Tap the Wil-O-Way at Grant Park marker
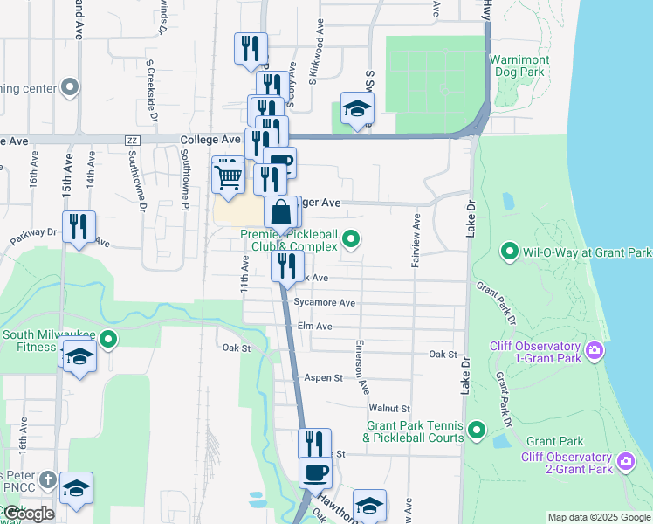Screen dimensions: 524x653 (x=510, y=253)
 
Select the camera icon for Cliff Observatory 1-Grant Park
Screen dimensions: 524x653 (x=595, y=351)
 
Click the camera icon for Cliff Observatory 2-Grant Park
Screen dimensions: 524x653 (x=625, y=460)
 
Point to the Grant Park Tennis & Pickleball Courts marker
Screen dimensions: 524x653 (x=477, y=429)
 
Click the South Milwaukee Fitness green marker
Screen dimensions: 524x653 (x=108, y=339)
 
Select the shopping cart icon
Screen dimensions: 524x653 (x=229, y=177)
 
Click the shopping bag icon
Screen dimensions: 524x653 (x=283, y=213)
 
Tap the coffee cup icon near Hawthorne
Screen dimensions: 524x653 (x=315, y=473)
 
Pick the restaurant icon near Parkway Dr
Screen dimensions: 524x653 (x=79, y=227)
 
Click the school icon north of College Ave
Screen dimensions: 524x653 (x=356, y=109)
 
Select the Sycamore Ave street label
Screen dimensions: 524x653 (x=325, y=303)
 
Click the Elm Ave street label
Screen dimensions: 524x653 (x=315, y=327)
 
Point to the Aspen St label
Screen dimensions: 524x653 (x=323, y=377)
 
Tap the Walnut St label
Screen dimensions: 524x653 (x=389, y=408)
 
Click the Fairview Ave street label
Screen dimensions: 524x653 (x=416, y=242)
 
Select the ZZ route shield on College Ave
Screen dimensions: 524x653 (x=133, y=140)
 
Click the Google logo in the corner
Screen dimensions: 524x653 (x=28, y=514)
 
